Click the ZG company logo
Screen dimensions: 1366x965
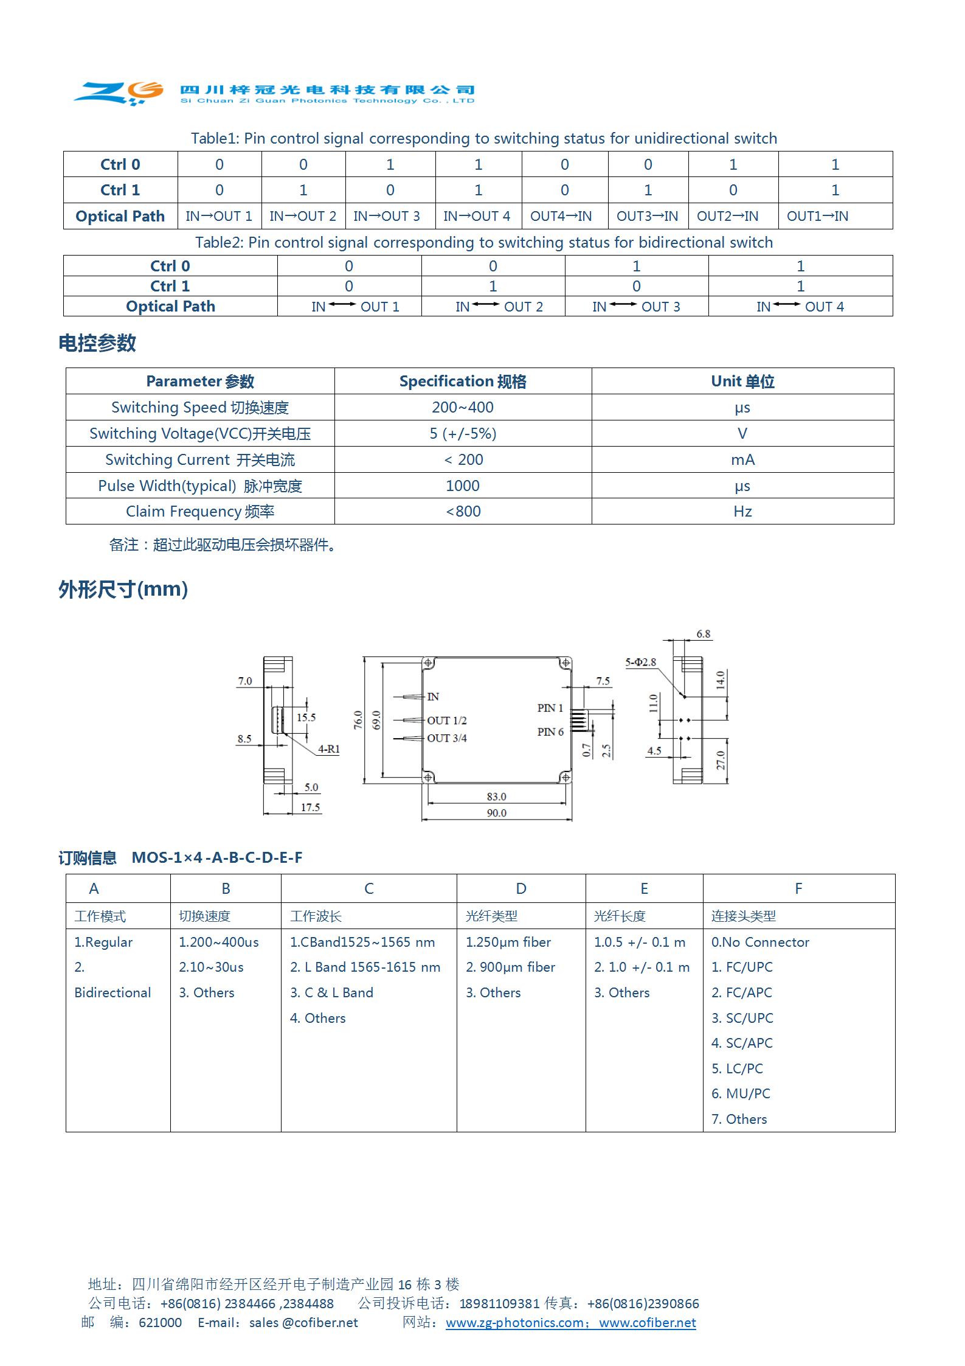click(119, 92)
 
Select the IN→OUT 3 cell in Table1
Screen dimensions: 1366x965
click(387, 216)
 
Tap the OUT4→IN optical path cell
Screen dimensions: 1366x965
click(561, 216)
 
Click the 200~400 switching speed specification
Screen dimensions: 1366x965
click(462, 407)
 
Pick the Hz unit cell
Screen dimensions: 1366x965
click(742, 511)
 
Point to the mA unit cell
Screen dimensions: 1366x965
click(742, 459)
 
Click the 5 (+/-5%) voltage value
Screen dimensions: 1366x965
click(462, 433)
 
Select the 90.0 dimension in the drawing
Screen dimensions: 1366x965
click(496, 813)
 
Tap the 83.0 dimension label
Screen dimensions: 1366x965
click(496, 796)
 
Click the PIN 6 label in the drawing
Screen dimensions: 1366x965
click(550, 732)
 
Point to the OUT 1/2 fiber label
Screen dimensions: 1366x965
click(446, 720)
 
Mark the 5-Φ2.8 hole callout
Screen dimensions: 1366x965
click(640, 662)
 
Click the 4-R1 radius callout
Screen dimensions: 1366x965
click(328, 749)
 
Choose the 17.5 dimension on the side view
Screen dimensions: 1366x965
click(310, 807)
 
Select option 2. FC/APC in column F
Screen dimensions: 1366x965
click(741, 992)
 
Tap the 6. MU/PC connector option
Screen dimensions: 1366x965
click(741, 1093)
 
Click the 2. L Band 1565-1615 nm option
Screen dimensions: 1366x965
click(365, 967)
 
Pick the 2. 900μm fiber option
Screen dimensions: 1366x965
click(510, 967)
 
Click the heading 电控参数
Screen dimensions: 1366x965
click(97, 343)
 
